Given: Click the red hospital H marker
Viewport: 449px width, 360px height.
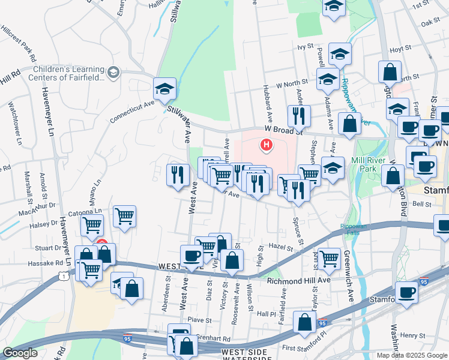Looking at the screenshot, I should (x=265, y=145).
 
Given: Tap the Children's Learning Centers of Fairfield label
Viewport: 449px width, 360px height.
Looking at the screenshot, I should (x=70, y=73).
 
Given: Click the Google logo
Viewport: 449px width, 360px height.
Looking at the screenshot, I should (x=20, y=353).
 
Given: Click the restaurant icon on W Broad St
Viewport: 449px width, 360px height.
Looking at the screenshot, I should (x=298, y=115).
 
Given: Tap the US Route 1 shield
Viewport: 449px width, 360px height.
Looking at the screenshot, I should (x=63, y=275).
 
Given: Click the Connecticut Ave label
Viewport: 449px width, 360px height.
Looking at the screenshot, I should (x=132, y=112).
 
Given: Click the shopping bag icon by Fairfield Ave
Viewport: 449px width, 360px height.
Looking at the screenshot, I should (x=305, y=322).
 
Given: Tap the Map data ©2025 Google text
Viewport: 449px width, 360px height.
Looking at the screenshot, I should (x=411, y=355).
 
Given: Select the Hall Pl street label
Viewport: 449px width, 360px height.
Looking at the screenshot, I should (x=266, y=314).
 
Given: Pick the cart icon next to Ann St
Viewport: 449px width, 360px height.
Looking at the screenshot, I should (x=329, y=259).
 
